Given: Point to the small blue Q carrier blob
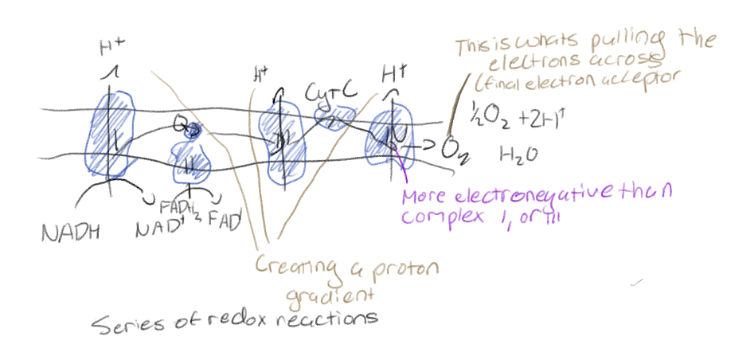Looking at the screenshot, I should [x=191, y=131].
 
